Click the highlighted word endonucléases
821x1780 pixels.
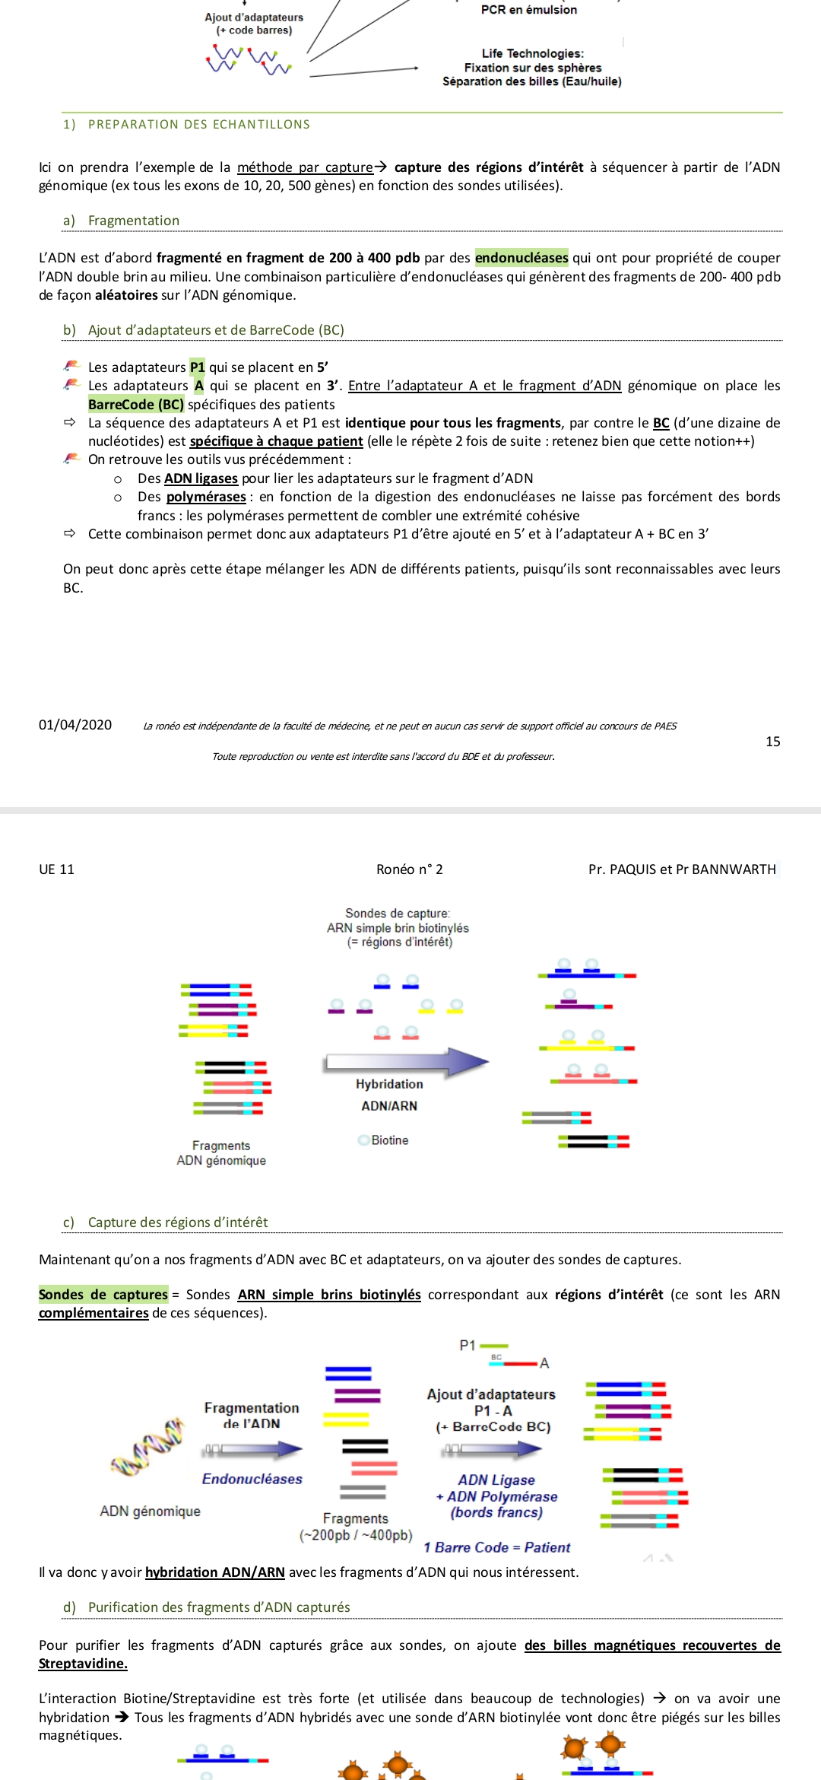pos(521,258)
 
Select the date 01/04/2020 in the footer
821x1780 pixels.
pos(75,725)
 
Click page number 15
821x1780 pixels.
pos(772,742)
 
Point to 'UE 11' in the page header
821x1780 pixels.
pos(57,869)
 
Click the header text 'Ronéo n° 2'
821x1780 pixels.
pos(409,869)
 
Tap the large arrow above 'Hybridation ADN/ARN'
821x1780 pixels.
pos(407,1062)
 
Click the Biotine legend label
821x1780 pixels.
pos(389,1140)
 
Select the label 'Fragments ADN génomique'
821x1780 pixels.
pos(221,1153)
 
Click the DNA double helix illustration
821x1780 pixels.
pos(148,1447)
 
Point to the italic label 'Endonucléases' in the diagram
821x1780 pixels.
pos(252,1479)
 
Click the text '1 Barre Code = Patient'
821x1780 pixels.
pos(496,1547)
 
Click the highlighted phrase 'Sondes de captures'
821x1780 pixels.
pos(103,1295)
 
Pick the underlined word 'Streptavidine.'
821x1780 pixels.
pos(83,1664)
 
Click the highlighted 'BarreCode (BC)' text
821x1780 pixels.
pos(136,405)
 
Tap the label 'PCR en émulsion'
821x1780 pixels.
pos(529,10)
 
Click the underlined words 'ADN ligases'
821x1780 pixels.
pos(201,478)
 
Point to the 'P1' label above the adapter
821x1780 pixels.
pos(468,1346)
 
